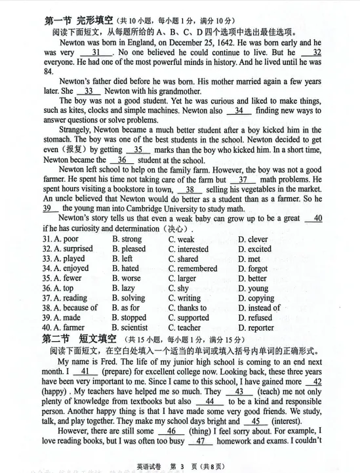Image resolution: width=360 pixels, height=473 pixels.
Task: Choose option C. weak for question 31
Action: [181, 240]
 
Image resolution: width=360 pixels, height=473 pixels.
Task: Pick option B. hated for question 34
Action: [125, 268]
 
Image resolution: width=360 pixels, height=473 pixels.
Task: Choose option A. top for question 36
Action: [63, 288]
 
